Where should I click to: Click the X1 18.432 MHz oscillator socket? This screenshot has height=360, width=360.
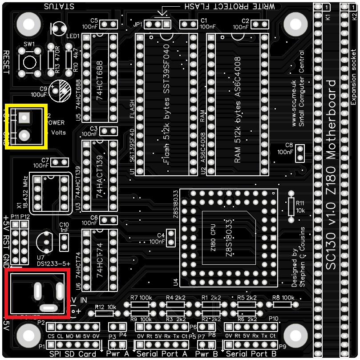click(50, 193)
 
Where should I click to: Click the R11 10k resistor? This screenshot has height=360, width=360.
click(291, 205)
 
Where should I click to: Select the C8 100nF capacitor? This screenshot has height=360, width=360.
click(300, 153)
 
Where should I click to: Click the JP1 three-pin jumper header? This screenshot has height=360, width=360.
click(158, 24)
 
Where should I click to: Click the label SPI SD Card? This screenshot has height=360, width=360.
click(72, 354)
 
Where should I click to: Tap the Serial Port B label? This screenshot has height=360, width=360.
click(251, 354)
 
